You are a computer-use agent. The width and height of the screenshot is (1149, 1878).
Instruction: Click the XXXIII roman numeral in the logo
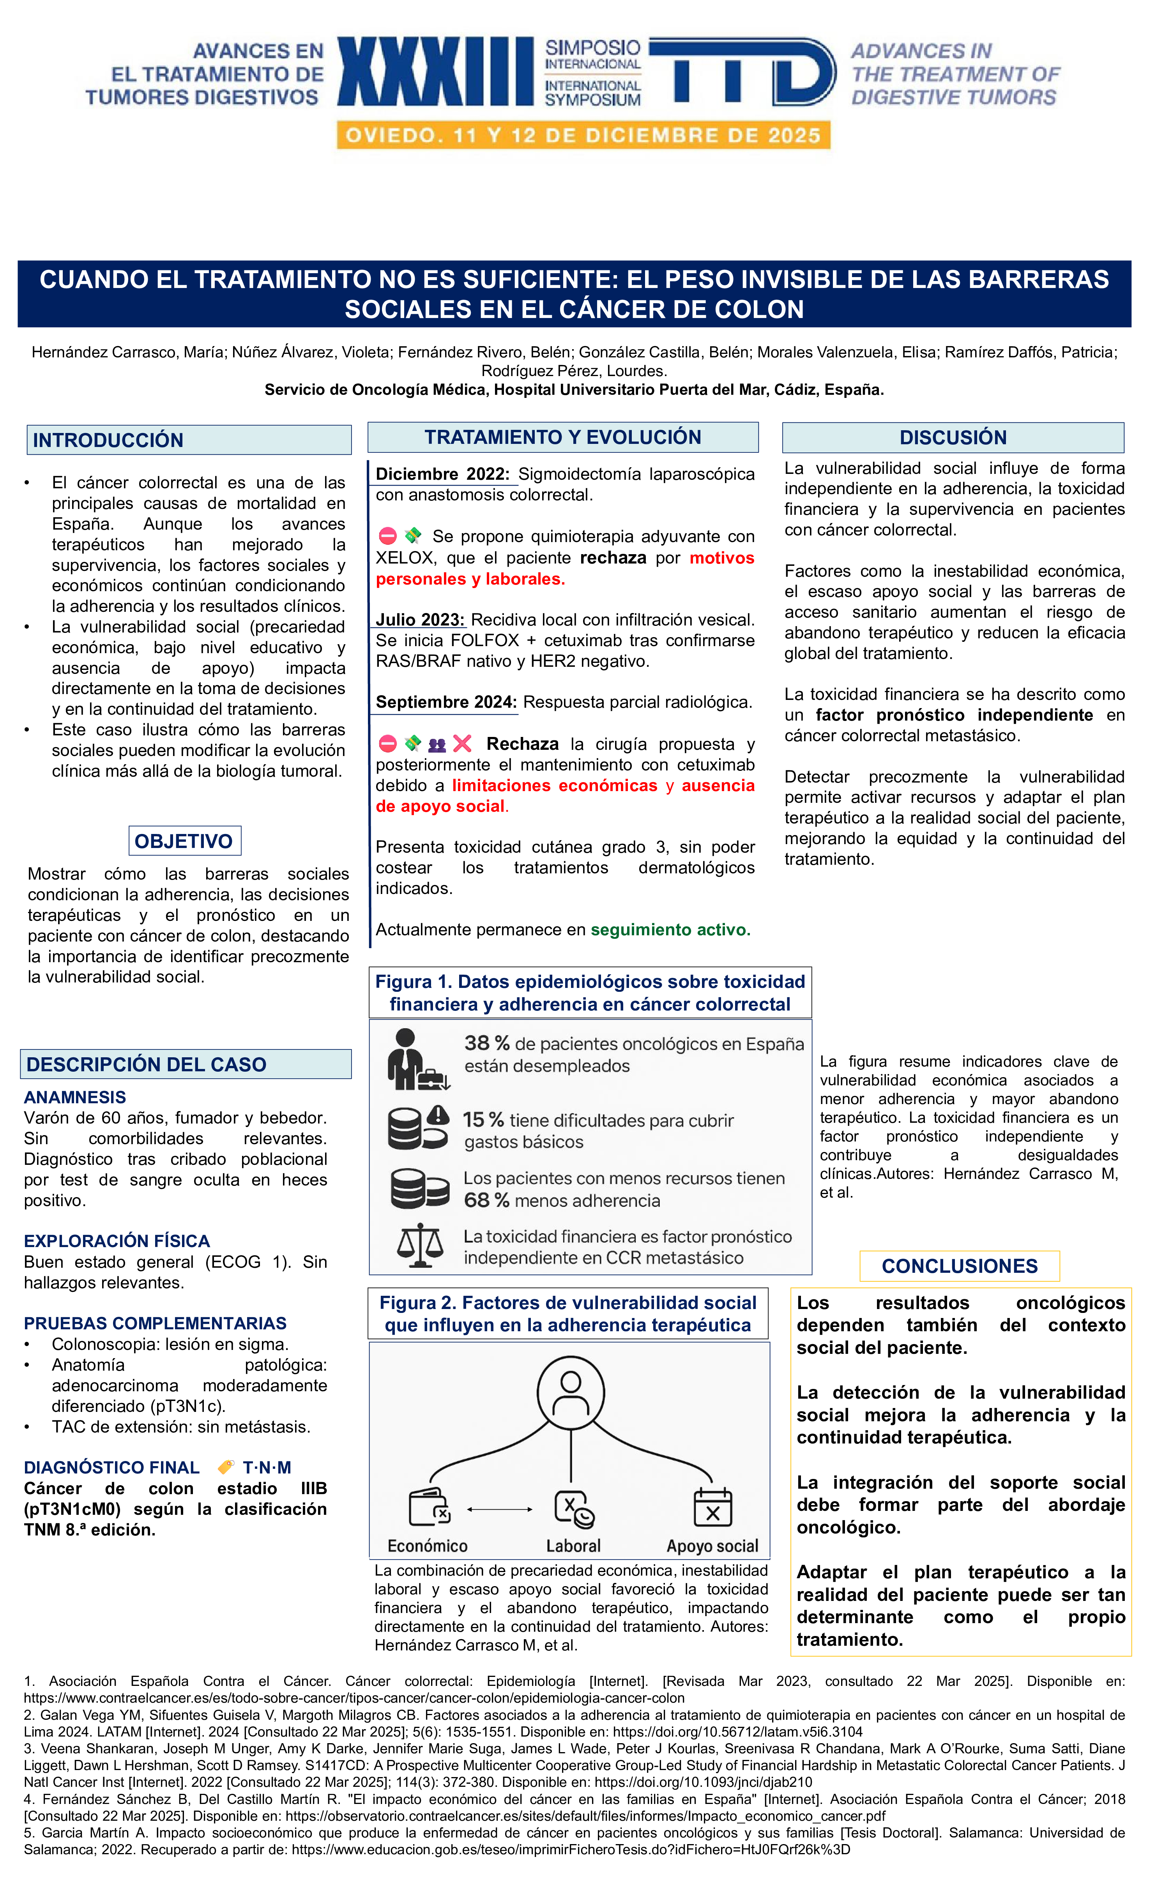tap(435, 72)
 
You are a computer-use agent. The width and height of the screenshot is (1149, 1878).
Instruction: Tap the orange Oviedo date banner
tap(583, 136)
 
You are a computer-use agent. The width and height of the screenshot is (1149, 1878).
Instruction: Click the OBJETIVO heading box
tap(184, 841)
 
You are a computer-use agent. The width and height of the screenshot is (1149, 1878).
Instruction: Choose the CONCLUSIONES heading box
tap(959, 1266)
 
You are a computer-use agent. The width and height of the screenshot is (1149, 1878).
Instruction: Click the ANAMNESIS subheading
tap(75, 1097)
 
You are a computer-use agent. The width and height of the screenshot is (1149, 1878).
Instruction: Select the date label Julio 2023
tap(419, 620)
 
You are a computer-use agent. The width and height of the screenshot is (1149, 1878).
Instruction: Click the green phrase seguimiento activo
tap(670, 930)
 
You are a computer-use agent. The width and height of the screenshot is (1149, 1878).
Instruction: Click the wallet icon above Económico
tap(429, 1507)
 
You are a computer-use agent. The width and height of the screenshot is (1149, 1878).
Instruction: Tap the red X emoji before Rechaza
tap(462, 743)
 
